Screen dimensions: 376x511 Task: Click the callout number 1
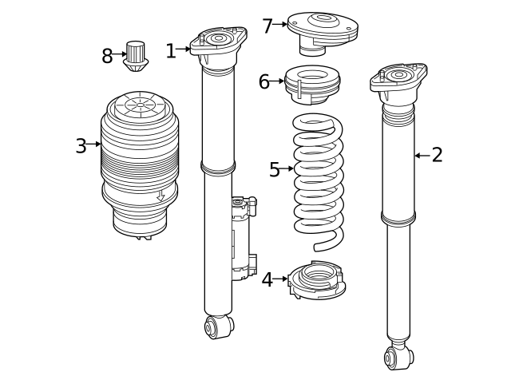[x=170, y=51]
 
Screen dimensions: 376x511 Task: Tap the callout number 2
[x=436, y=155]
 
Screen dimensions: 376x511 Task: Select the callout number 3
[x=81, y=146]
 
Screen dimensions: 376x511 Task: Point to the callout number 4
[x=267, y=279]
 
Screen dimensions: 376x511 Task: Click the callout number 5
[x=275, y=169]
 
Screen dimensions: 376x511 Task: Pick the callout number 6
[x=264, y=81]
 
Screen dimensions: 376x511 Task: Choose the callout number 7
[x=267, y=26]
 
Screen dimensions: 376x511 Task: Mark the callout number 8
[x=108, y=56]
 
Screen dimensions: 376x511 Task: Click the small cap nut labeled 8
[x=136, y=54]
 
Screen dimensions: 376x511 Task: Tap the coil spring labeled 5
[x=318, y=180]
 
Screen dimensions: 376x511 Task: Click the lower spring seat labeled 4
[x=318, y=280]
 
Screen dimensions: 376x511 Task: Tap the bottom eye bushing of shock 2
[x=398, y=356]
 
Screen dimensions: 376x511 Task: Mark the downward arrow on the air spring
[x=160, y=195]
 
